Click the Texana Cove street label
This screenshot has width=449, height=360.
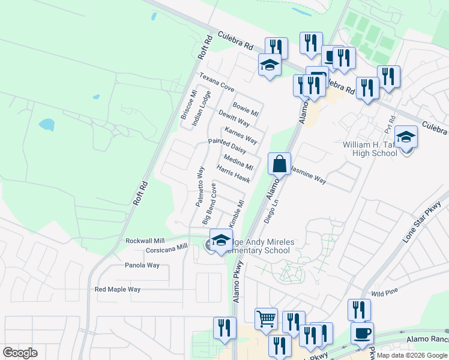[x=217, y=83]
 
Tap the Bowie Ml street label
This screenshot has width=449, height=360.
[x=246, y=109]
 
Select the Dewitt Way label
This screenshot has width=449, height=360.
[x=234, y=118]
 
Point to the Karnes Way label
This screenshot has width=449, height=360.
[x=241, y=136]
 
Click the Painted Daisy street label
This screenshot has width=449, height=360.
[x=227, y=145]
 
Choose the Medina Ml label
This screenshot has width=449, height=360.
[x=238, y=162]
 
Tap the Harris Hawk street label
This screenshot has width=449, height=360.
[x=234, y=175]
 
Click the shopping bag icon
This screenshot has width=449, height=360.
[x=280, y=163]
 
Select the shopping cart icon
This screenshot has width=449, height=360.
[x=267, y=319]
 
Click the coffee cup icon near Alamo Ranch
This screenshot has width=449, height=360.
[x=361, y=333]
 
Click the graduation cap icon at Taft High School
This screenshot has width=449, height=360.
[x=406, y=137]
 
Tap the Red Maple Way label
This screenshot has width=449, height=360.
[x=118, y=289]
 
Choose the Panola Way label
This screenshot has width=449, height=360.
[x=142, y=265]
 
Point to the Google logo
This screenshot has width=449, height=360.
[x=20, y=353]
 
